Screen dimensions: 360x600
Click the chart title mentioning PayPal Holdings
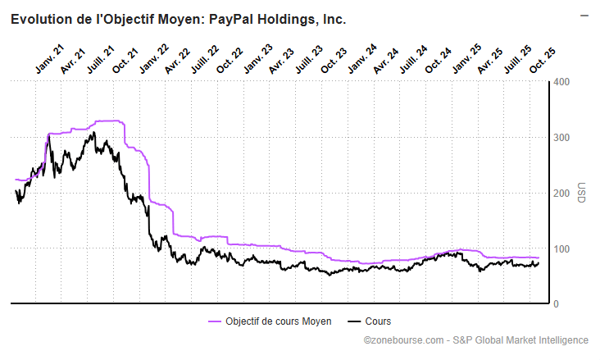[179, 19]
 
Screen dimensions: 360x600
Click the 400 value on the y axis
[561, 82]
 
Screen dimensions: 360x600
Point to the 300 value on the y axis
[561, 138]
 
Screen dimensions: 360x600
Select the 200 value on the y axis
[561, 194]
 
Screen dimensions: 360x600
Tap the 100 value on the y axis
[561, 248]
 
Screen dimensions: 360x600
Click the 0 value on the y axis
[557, 304]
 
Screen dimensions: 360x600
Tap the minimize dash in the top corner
[584, 15]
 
